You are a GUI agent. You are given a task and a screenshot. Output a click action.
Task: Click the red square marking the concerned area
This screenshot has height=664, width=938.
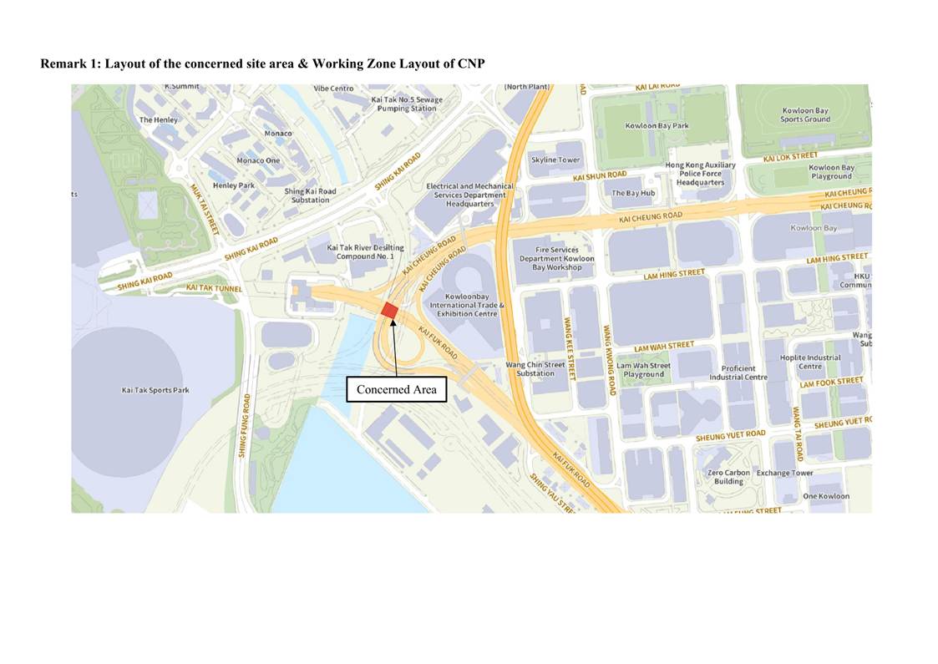[x=389, y=311]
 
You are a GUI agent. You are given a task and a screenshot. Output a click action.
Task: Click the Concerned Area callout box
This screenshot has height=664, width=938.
[x=396, y=389]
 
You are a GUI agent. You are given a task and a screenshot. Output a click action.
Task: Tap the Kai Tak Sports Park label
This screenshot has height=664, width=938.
[x=155, y=390]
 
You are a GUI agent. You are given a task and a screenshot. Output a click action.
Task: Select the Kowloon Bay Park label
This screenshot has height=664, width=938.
[x=657, y=126]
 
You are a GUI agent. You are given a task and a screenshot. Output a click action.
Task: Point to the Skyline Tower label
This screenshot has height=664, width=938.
[x=555, y=160]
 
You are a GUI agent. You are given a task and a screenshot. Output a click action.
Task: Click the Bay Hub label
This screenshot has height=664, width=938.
[x=633, y=193]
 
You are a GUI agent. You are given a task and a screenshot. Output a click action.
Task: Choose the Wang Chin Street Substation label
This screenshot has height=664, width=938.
[x=535, y=369]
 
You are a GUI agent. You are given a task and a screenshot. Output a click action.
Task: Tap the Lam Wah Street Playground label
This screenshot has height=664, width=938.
[x=643, y=370]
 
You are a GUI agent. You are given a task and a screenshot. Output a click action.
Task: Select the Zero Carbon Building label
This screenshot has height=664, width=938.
[x=728, y=477]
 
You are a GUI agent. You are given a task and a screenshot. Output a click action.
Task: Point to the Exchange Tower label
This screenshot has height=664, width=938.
[x=784, y=473]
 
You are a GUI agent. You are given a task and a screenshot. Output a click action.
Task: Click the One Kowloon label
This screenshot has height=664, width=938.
[x=825, y=496]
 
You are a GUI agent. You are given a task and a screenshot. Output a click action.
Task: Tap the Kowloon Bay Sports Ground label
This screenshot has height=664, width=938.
[x=805, y=115]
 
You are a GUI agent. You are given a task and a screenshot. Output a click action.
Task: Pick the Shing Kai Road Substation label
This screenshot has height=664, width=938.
[x=310, y=195]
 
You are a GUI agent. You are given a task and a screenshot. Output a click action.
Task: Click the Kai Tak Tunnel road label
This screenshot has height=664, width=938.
[x=215, y=288]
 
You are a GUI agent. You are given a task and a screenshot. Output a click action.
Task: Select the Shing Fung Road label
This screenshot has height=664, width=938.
[x=244, y=426]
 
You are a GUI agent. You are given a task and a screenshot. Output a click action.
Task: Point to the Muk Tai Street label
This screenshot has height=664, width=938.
[x=205, y=209]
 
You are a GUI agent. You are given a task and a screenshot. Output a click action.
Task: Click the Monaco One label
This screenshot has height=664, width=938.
[x=258, y=160]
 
